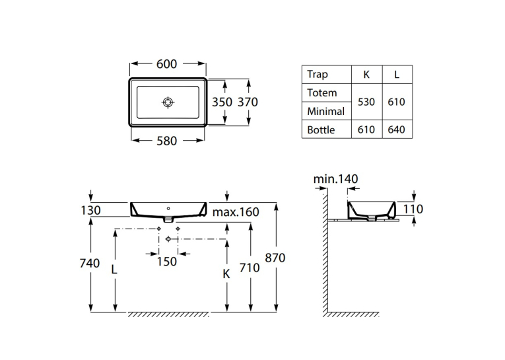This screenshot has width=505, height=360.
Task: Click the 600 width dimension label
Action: pyautogui.click(x=166, y=64)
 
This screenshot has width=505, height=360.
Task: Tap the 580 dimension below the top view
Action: pyautogui.click(x=166, y=141)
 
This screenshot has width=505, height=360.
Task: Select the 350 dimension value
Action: pyautogui.click(x=222, y=102)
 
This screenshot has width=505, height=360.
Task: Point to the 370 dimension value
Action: pyautogui.click(x=248, y=102)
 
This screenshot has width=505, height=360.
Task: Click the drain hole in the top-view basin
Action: pyautogui.click(x=168, y=102)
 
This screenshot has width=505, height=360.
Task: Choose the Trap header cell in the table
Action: pyautogui.click(x=318, y=75)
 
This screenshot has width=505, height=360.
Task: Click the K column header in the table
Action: pyautogui.click(x=366, y=75)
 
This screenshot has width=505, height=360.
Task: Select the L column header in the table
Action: pyautogui.click(x=397, y=75)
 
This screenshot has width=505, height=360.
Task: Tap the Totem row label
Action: pyautogui.click(x=321, y=93)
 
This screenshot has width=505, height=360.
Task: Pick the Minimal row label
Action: pyautogui.click(x=325, y=111)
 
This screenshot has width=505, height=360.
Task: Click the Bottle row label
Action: pyautogui.click(x=321, y=129)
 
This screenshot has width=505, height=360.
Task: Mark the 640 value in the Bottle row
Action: pyautogui.click(x=396, y=129)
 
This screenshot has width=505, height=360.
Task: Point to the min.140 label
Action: pyautogui.click(x=335, y=179)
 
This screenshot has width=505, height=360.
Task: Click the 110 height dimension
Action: pyautogui.click(x=413, y=209)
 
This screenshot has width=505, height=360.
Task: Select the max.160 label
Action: pyautogui.click(x=236, y=212)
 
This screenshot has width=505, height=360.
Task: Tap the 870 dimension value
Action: pyautogui.click(x=275, y=258)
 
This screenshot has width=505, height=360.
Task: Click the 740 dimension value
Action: pyautogui.click(x=90, y=264)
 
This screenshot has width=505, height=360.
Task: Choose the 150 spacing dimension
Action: pyautogui.click(x=167, y=262)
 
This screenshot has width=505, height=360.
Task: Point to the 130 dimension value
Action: pyautogui.click(x=90, y=211)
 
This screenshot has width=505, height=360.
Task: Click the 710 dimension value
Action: pyautogui.click(x=250, y=268)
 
